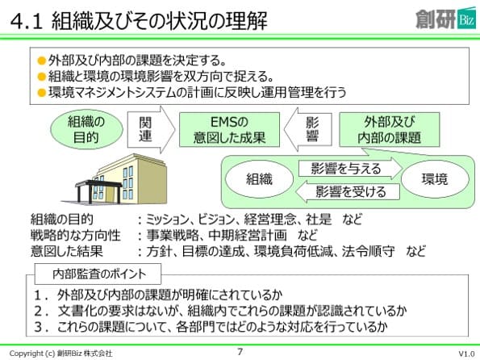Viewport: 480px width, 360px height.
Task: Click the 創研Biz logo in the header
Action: (x=445, y=19)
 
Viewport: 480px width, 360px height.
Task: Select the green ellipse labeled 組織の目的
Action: (x=86, y=130)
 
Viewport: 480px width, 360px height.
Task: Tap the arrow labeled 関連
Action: (x=151, y=130)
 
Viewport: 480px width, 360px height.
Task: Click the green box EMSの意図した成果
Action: (x=229, y=130)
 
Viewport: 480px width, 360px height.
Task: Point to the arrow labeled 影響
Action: (x=307, y=130)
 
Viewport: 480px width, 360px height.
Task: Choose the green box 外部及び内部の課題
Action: (x=390, y=130)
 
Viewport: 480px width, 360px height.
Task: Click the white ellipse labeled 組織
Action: (x=259, y=179)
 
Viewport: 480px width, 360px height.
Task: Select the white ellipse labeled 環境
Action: (x=435, y=179)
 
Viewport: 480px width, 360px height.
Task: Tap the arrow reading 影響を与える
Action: (x=350, y=169)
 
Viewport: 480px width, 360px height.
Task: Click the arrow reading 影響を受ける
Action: (x=348, y=192)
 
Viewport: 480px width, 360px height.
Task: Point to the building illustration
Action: (x=121, y=179)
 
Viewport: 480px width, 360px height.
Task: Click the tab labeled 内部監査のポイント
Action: (x=98, y=274)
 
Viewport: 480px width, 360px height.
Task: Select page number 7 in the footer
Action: (x=240, y=351)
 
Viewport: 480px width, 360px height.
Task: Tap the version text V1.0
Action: (x=466, y=354)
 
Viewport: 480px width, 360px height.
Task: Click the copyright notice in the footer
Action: (x=61, y=354)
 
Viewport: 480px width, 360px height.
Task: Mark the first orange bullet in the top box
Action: (x=42, y=61)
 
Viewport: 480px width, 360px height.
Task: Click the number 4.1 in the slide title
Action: (x=27, y=22)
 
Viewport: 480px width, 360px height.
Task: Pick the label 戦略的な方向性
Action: (x=75, y=236)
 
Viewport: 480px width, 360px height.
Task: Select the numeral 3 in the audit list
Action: (x=38, y=327)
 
